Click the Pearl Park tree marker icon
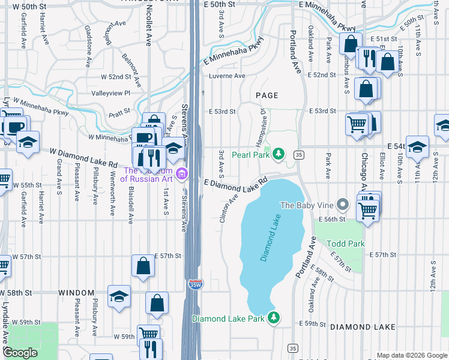[278, 155]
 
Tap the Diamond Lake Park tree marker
[274, 318]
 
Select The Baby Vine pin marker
[343, 205]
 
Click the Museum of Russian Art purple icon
[183, 175]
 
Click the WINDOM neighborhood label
[76, 293]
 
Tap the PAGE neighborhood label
[267, 95]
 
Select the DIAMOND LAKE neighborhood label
[362, 327]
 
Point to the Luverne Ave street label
[227, 76]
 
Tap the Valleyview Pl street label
[110, 93]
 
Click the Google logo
[20, 353]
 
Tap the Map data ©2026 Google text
[411, 355]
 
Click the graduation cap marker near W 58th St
[119, 296]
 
